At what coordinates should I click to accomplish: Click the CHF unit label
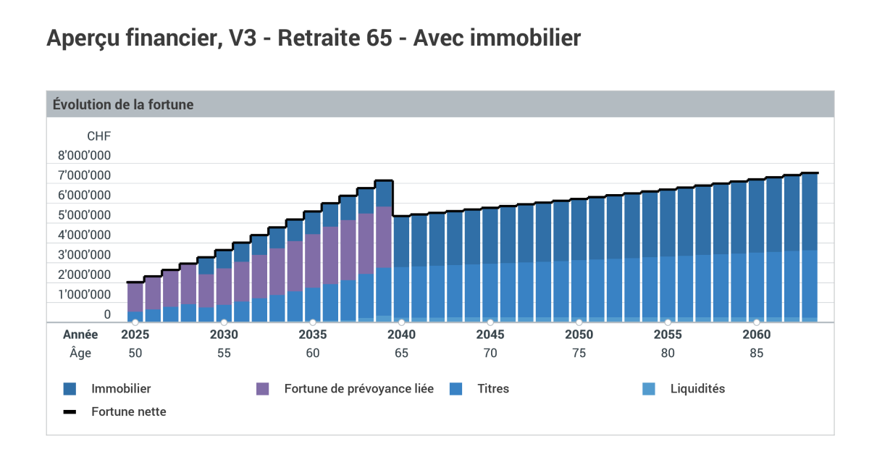pos(98,135)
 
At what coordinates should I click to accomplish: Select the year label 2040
pos(401,335)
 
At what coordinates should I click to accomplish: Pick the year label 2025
pos(135,335)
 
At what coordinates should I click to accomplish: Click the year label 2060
pos(756,335)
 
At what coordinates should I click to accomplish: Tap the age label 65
pos(401,353)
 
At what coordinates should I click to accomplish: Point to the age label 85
pos(756,353)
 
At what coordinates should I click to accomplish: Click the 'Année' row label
pos(80,335)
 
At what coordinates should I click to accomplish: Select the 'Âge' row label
pos(80,353)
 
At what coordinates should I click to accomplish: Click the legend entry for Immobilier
pos(120,389)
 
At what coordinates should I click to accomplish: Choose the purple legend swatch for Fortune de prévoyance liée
pos(263,389)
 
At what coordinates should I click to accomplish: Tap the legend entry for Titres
pos(492,389)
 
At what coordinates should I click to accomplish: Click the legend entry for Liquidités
pos(697,389)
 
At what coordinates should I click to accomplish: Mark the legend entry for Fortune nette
pos(128,411)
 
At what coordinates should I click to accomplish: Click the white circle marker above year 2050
pos(579,322)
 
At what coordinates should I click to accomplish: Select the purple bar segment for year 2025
pos(135,297)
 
